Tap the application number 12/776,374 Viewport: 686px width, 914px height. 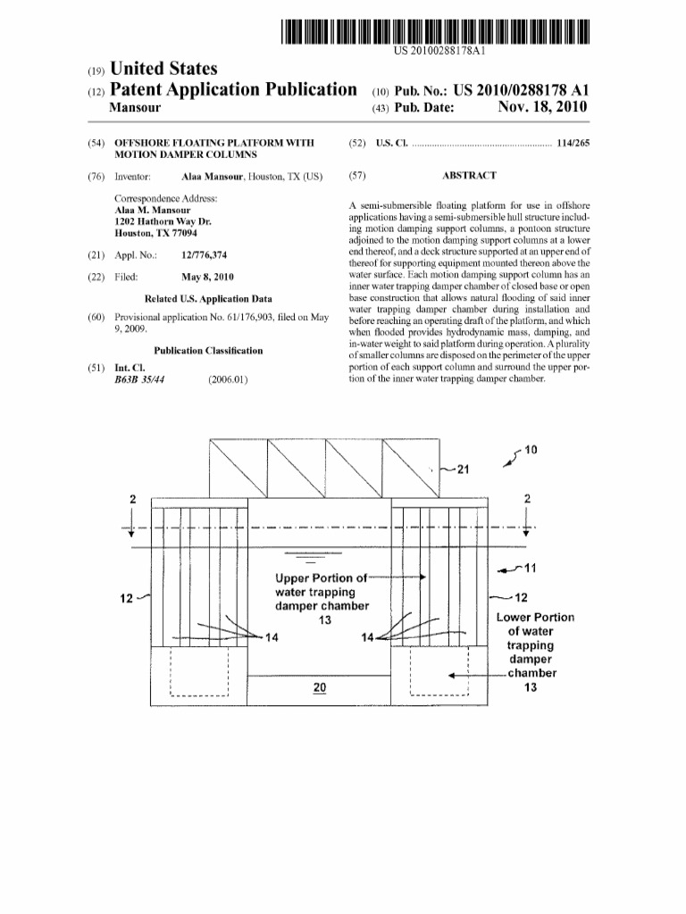(x=205, y=255)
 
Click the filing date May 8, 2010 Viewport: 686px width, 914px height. (x=207, y=277)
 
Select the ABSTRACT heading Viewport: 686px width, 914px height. (x=470, y=176)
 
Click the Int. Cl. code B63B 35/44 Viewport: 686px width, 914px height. (x=140, y=379)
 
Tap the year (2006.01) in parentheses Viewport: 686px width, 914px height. (x=227, y=379)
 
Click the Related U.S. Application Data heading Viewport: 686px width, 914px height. (x=208, y=299)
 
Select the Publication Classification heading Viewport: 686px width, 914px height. (x=208, y=351)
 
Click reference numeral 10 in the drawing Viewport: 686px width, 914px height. (x=531, y=450)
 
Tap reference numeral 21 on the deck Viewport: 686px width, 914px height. (x=462, y=470)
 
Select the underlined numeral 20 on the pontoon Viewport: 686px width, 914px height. (x=319, y=686)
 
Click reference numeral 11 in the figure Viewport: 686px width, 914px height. (x=529, y=567)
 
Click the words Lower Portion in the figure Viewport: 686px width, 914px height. (x=535, y=617)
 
